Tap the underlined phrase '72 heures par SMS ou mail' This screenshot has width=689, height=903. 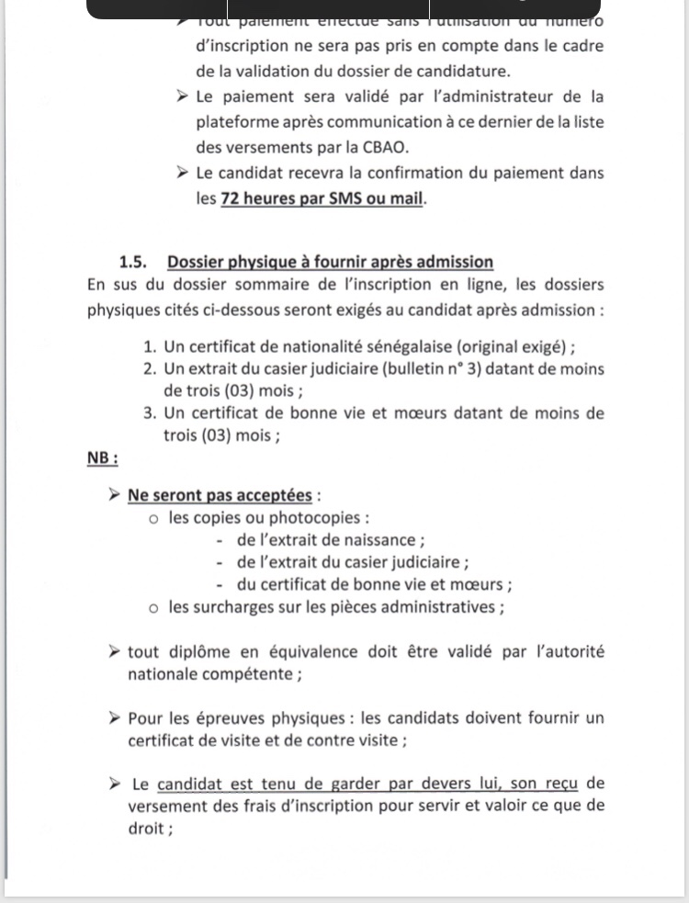[322, 198]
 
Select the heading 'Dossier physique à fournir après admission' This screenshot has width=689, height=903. [330, 262]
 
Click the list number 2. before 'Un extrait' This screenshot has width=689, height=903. [150, 369]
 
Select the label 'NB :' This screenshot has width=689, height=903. [102, 457]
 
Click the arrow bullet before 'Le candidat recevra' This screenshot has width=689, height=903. [180, 172]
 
